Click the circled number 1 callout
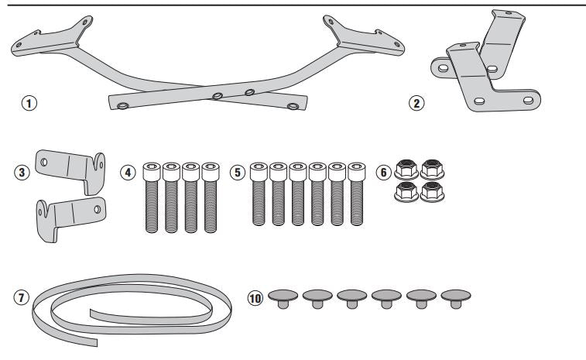(x=29, y=101)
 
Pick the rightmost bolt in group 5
(x=356, y=197)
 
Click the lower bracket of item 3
(x=70, y=212)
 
